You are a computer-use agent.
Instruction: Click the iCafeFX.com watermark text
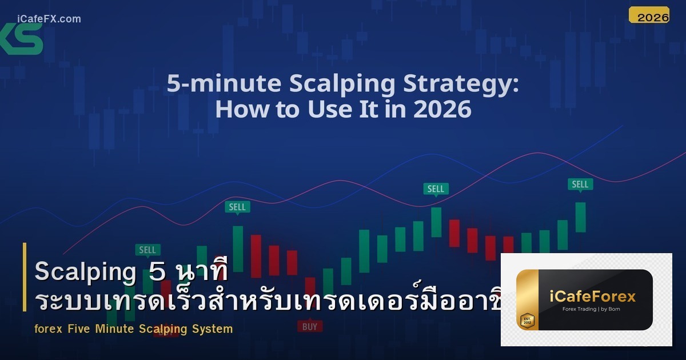(49, 19)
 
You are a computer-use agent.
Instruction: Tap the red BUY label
(309, 326)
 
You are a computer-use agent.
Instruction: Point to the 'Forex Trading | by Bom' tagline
(591, 310)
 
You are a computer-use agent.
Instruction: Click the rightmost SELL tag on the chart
(580, 184)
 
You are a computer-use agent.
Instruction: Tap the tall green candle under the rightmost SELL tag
(580, 217)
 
